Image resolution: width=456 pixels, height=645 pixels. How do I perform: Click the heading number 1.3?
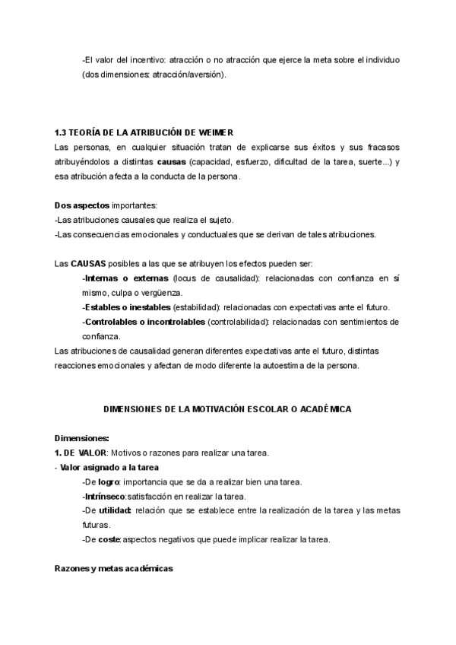click(x=62, y=133)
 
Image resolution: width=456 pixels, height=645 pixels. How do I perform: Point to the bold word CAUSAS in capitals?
click(x=87, y=263)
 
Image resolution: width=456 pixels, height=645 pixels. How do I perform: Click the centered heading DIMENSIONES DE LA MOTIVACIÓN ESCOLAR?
click(x=227, y=409)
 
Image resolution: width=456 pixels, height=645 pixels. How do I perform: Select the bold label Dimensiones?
click(x=82, y=438)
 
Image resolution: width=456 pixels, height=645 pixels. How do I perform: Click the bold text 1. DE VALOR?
click(x=81, y=453)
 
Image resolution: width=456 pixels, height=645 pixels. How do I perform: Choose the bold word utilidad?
click(x=115, y=510)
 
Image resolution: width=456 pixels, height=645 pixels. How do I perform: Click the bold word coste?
click(x=109, y=539)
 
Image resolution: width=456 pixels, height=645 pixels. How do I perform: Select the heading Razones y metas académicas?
click(x=114, y=568)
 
